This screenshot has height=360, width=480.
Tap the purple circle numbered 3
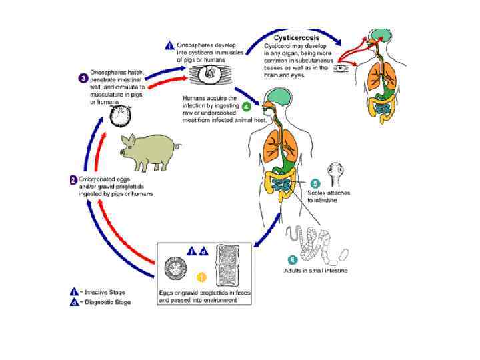83,78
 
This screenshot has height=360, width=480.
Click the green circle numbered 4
246,105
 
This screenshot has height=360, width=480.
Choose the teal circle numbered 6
291,259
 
